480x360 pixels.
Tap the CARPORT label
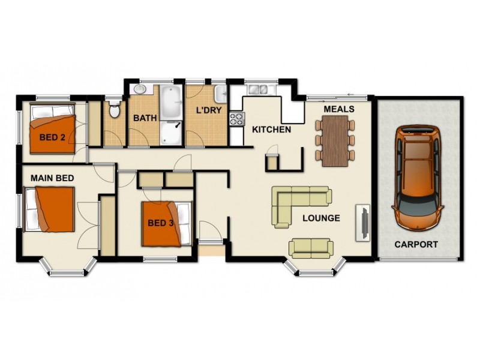tap(416, 244)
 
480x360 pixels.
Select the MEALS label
tap(338, 109)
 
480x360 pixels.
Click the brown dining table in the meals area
tap(335, 140)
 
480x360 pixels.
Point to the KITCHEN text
tap(271, 129)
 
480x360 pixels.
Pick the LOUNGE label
tap(321, 218)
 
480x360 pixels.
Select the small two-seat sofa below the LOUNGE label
tap(311, 247)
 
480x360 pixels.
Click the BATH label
tap(145, 118)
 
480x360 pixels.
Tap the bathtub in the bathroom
tap(171, 103)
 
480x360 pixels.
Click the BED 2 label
tap(53, 137)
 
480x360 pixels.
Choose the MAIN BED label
tap(53, 178)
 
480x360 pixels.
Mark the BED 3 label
tap(161, 223)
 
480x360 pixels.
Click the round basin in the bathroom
tap(139, 89)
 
